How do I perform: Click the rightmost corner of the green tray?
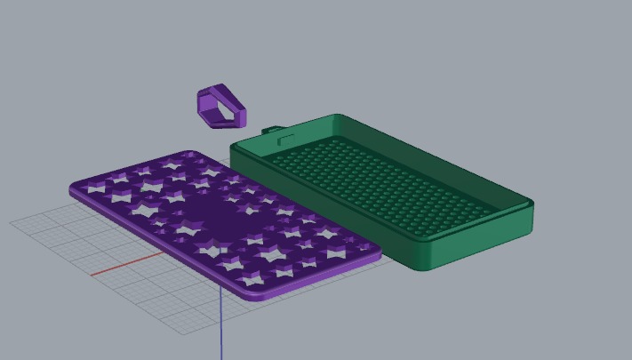(531, 206)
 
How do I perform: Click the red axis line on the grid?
(124, 265)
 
